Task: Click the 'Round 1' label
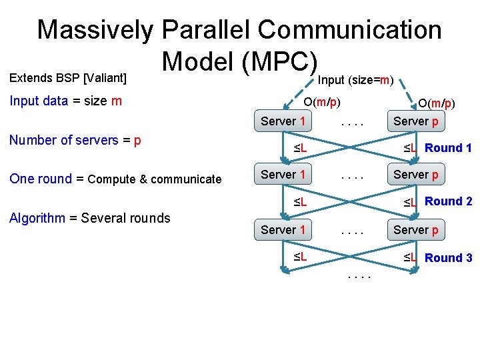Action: point(448,148)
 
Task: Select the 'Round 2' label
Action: point(448,201)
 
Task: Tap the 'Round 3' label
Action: point(448,258)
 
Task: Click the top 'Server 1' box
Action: point(283,121)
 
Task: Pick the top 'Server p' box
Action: point(416,121)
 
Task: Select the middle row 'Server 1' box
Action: point(283,175)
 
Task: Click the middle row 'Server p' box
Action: point(416,175)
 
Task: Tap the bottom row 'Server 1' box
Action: point(283,229)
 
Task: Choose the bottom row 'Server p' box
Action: point(416,229)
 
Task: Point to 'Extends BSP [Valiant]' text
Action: point(67,78)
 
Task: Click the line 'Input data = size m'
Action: point(65,101)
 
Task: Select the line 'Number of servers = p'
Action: point(75,141)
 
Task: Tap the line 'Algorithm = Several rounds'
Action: point(89,218)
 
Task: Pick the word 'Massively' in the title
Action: point(95,30)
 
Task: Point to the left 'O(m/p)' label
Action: point(322,103)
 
